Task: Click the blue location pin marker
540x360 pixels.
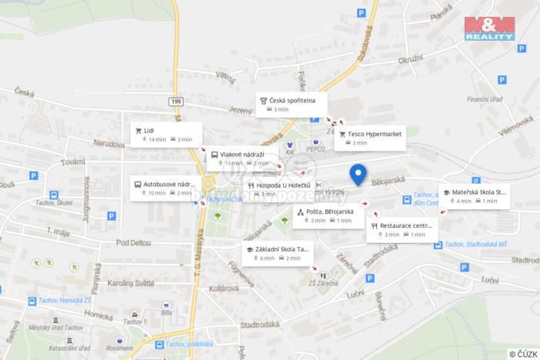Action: point(358,175)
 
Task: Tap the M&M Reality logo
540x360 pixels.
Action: point(489,28)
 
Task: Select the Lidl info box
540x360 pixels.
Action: point(166,134)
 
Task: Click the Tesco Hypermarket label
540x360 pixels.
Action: point(375,138)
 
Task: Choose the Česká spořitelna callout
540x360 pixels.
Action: point(292,104)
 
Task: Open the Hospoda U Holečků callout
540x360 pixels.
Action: point(280,189)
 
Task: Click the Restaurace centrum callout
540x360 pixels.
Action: point(401,229)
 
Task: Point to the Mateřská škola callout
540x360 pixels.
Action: point(473,196)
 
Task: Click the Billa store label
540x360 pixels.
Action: point(167,312)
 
